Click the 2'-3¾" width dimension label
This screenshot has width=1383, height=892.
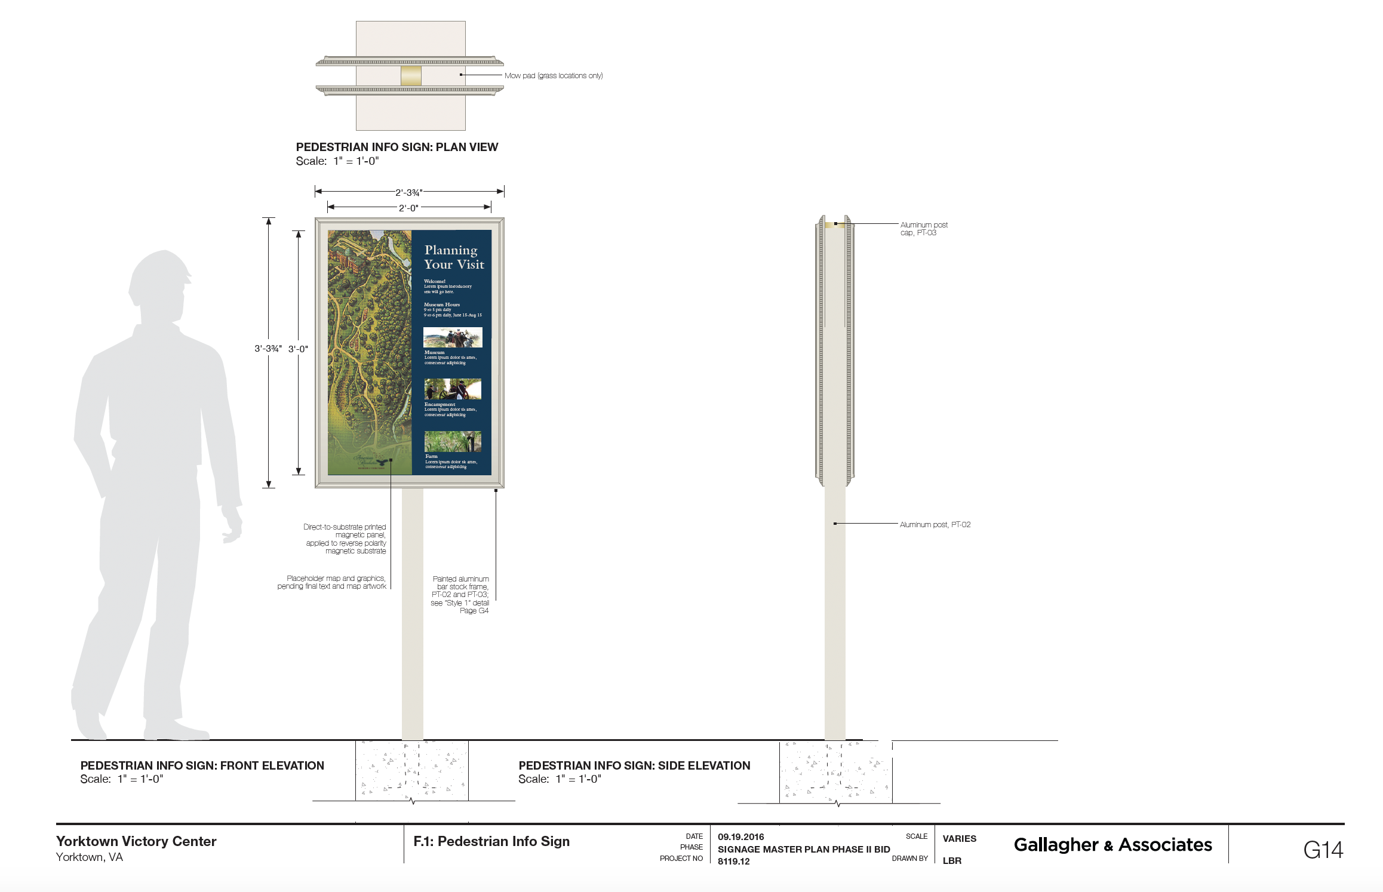pos(409,192)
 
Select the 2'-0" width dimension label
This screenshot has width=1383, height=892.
pos(409,208)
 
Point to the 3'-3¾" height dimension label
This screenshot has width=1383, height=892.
pos(268,349)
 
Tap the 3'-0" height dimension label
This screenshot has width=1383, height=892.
pos(298,349)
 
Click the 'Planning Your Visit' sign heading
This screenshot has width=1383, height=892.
pos(453,257)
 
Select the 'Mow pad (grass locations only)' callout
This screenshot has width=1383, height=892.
pos(554,76)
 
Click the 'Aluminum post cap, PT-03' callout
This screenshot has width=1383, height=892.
pos(924,229)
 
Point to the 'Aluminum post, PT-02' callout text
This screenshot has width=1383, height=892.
pos(935,525)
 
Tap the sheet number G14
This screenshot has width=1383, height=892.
pos(1323,850)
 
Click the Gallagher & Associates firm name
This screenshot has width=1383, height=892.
pos(1112,845)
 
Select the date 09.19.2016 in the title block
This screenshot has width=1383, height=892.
pos(740,837)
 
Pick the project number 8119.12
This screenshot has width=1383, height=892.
pos(733,861)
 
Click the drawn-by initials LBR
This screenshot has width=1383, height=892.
pos(952,861)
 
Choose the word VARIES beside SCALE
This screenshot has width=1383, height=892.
pos(959,838)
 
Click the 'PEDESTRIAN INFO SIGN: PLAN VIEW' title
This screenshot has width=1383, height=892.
pos(397,147)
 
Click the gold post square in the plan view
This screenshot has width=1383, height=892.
pos(411,76)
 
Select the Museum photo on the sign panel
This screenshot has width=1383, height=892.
pos(453,337)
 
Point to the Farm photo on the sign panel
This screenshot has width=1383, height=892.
pos(453,442)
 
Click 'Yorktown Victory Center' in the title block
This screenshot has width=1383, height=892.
pos(136,841)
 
